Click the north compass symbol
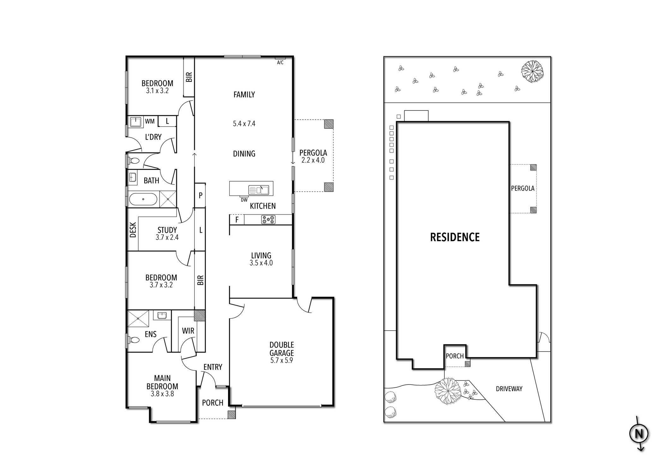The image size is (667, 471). coord(639,434)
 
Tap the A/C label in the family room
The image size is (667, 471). coord(280,63)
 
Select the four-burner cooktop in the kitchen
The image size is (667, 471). coord(268,219)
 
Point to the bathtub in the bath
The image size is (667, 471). coord(143,199)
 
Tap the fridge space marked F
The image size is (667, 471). coord(237,219)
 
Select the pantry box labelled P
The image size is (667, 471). coord(200,195)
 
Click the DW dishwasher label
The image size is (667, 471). coord(244,200)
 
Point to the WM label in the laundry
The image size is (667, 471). coord(150,121)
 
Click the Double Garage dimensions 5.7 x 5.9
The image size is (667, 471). coord(281,361)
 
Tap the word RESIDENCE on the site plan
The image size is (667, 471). coord(455,237)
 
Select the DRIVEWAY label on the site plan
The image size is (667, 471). coord(509,389)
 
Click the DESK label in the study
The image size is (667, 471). coord(133,230)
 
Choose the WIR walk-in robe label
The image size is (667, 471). coord(188,331)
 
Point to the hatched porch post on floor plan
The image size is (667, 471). coord(231,415)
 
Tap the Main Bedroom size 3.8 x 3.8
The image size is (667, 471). coord(162,394)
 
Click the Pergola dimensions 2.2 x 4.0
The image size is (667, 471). coord(313,160)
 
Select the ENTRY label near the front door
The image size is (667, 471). coord(213,367)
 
